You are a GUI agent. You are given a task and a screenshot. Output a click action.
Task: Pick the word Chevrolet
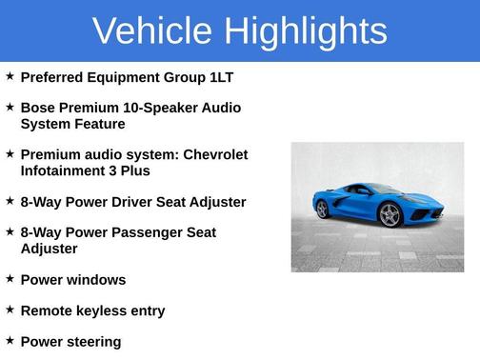point(215,154)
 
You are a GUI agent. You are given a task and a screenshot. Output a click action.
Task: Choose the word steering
point(91,342)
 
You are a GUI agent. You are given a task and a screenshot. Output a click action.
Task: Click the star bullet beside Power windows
point(10,279)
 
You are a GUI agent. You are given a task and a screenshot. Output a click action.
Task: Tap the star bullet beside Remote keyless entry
point(10,310)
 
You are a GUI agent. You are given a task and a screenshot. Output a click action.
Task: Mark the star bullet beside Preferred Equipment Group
point(10,76)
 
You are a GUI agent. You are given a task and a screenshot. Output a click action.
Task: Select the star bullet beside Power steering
point(10,341)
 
